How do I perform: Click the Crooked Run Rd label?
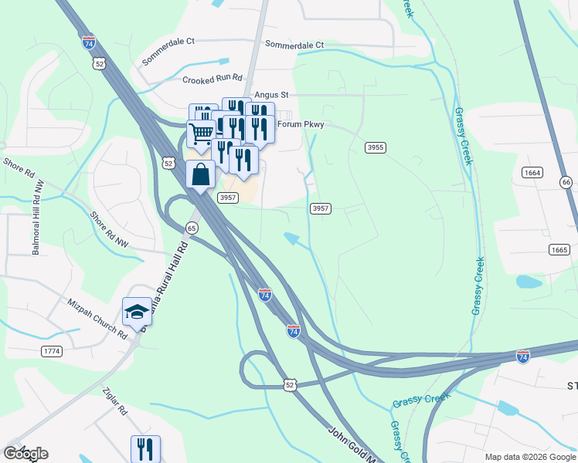[212, 79]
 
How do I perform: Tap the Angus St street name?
[270, 95]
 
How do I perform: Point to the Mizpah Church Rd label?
[97, 319]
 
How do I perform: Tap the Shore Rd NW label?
[108, 229]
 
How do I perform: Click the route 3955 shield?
[376, 147]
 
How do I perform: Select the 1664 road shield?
[532, 172]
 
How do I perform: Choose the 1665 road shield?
[559, 249]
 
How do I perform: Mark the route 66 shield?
[566, 182]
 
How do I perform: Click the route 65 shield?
[192, 228]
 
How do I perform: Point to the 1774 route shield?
[52, 351]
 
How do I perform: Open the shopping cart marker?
[201, 134]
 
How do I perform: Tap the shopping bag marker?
[201, 174]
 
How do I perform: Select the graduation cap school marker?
[137, 312]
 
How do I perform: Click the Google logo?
[25, 454]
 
